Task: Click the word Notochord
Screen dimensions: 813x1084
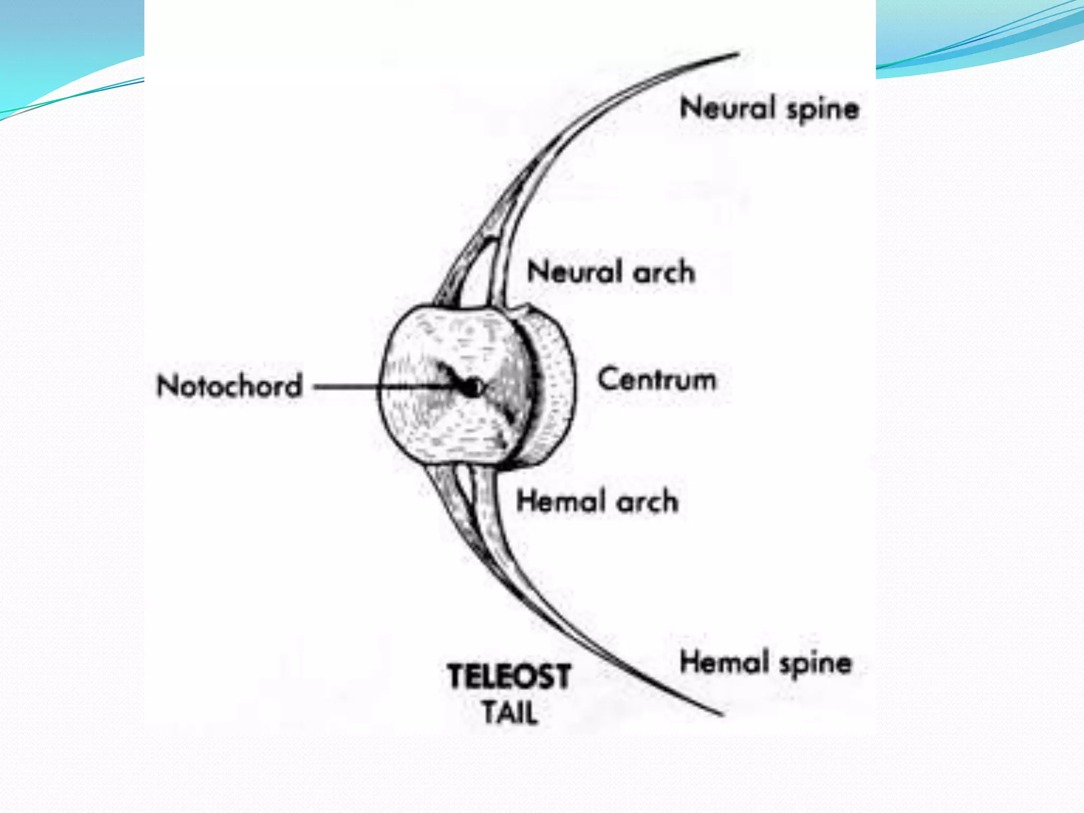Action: pyautogui.click(x=230, y=385)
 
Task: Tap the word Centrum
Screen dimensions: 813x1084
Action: pyautogui.click(x=657, y=380)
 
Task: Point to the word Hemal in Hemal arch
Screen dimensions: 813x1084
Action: pyautogui.click(x=561, y=501)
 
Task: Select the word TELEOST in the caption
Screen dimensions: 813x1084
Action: pyautogui.click(x=509, y=676)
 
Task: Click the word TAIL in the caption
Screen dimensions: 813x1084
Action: pyautogui.click(x=509, y=712)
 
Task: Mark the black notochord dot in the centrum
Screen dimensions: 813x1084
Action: pyautogui.click(x=471, y=388)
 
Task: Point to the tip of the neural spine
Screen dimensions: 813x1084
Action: pyautogui.click(x=737, y=53)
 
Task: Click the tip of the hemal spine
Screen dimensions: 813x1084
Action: pyautogui.click(x=721, y=715)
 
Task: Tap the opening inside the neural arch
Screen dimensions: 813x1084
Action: pyautogui.click(x=479, y=275)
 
